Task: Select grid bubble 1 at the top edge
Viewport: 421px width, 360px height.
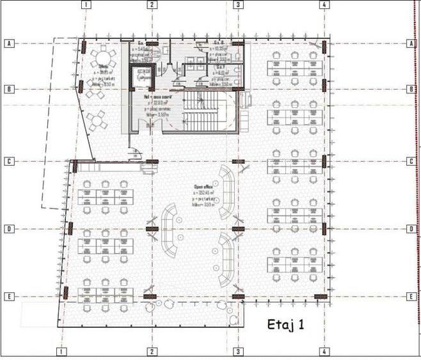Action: click(x=87, y=4)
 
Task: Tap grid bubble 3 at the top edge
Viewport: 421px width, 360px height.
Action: click(x=238, y=4)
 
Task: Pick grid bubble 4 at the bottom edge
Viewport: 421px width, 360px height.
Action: click(x=325, y=352)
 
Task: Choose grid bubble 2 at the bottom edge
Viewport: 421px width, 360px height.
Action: click(x=152, y=352)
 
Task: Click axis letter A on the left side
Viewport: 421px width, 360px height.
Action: click(x=9, y=43)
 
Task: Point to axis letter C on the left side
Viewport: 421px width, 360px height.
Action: click(x=9, y=161)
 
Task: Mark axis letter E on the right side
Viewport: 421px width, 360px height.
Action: click(x=410, y=297)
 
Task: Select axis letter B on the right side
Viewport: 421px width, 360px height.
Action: click(x=410, y=90)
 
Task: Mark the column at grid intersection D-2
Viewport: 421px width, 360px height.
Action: click(x=152, y=229)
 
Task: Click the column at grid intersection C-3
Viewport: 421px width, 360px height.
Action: click(x=238, y=162)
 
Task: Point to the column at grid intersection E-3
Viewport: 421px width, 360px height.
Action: click(x=238, y=296)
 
